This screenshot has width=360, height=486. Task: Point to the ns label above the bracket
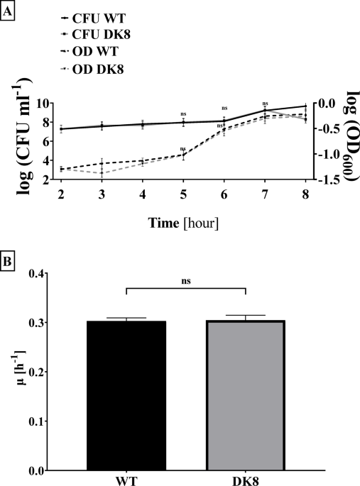186,280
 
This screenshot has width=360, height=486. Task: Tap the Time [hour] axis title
184,223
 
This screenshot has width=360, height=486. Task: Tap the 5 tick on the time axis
184,194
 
